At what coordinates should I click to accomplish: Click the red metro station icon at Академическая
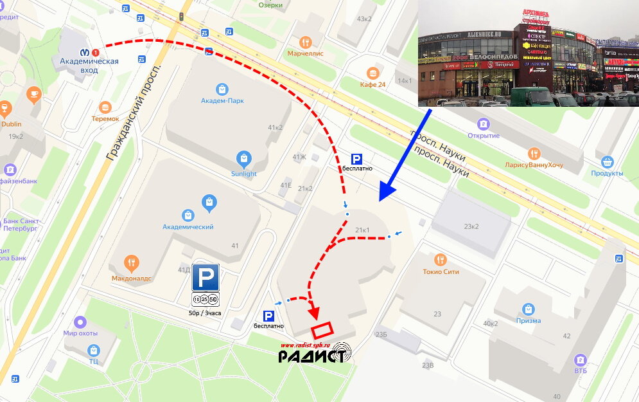tap(96, 52)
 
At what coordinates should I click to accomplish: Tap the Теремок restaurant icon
tap(105, 107)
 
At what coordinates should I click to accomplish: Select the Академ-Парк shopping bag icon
tap(222, 89)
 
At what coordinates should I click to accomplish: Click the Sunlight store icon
tap(243, 158)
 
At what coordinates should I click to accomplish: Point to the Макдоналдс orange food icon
tap(132, 262)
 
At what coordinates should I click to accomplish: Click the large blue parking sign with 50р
tap(206, 277)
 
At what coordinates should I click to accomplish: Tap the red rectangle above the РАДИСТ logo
tap(323, 330)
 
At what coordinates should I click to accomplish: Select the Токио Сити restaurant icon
tap(441, 259)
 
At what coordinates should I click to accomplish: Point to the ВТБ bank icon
tap(581, 360)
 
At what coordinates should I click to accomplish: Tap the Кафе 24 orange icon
tap(371, 73)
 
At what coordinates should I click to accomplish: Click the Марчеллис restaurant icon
tap(306, 42)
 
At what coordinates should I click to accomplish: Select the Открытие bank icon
tap(484, 123)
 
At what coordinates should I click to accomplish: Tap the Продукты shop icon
tap(607, 161)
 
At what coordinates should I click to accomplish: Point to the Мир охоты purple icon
tap(80, 322)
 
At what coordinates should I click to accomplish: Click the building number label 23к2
tap(472, 226)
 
